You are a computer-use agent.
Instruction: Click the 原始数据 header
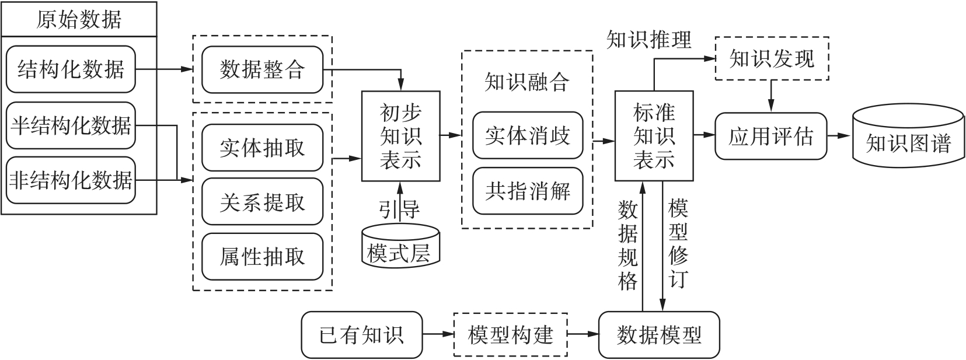pyautogui.click(x=79, y=19)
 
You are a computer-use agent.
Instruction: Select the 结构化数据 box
pyautogui.click(x=71, y=69)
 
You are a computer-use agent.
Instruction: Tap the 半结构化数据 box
pyautogui.click(x=71, y=125)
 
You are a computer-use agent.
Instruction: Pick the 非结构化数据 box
pyautogui.click(x=71, y=180)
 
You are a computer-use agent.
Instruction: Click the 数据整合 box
pyautogui.click(x=262, y=70)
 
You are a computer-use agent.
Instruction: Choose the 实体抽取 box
pyautogui.click(x=262, y=148)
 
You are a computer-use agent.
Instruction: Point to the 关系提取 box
pyautogui.click(x=262, y=202)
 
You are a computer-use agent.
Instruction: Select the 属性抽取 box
pyautogui.click(x=262, y=257)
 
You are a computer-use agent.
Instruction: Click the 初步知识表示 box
pyautogui.click(x=400, y=136)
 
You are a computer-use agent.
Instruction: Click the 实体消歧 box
pyautogui.click(x=528, y=135)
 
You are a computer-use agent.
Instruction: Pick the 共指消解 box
pyautogui.click(x=528, y=191)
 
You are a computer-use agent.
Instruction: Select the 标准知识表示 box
pyautogui.click(x=654, y=135)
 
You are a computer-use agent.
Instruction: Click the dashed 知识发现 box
pyautogui.click(x=772, y=58)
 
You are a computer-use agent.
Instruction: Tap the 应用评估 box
pyautogui.click(x=770, y=136)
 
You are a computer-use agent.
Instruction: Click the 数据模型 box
pyautogui.click(x=659, y=335)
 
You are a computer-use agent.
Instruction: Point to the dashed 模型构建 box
pyautogui.click(x=511, y=335)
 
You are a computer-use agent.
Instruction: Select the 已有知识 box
pyautogui.click(x=361, y=335)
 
